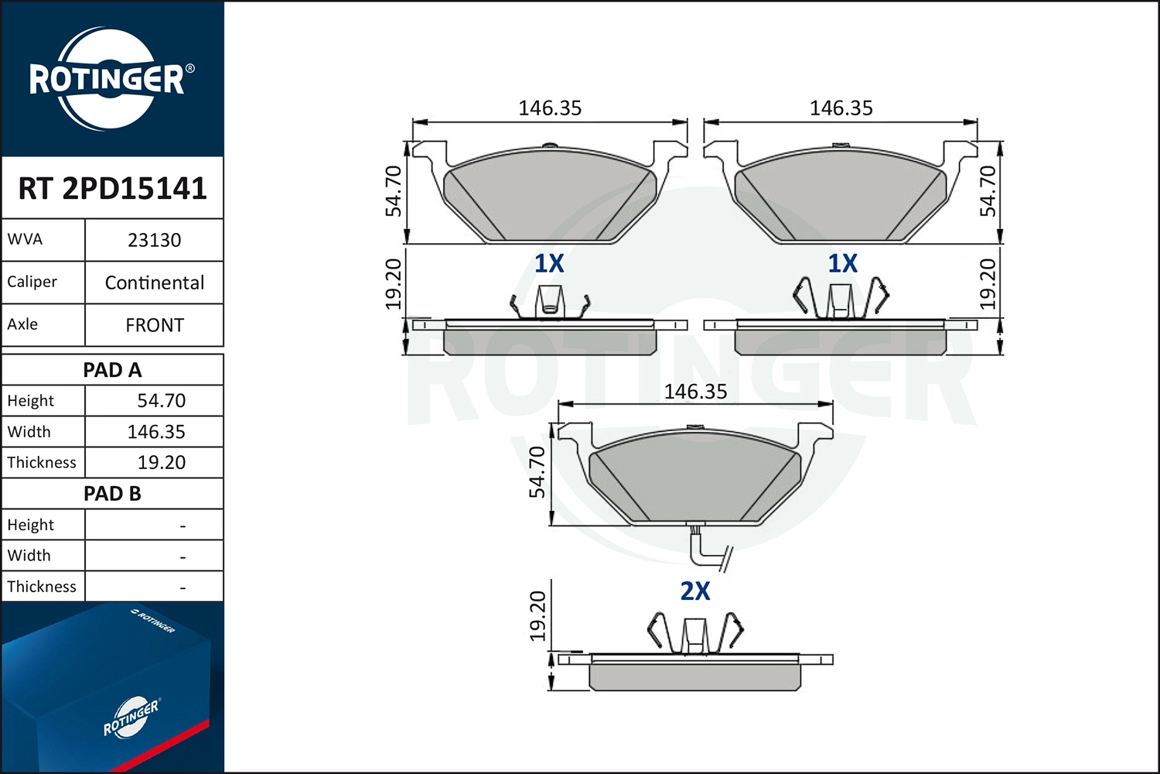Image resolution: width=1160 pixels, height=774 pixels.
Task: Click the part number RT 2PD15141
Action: pyautogui.click(x=112, y=188)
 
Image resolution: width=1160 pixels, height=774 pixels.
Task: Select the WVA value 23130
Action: pyautogui.click(x=154, y=240)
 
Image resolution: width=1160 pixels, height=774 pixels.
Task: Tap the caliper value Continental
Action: pyautogui.click(x=154, y=283)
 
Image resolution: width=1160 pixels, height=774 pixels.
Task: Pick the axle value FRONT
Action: pyautogui.click(x=154, y=325)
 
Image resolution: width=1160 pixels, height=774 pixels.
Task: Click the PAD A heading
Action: pyautogui.click(x=112, y=370)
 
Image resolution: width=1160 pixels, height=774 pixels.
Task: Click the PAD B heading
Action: pyautogui.click(x=112, y=494)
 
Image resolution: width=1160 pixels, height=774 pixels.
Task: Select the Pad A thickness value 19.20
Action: pyautogui.click(x=161, y=462)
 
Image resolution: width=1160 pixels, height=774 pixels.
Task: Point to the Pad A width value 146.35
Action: pyautogui.click(x=156, y=432)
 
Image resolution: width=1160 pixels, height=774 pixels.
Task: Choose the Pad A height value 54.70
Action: pyautogui.click(x=161, y=401)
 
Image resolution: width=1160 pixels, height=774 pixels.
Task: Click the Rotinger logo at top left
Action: pyautogui.click(x=107, y=79)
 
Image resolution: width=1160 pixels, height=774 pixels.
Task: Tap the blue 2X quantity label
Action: pyautogui.click(x=694, y=591)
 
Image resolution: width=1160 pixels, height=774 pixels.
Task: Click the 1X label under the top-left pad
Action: pyautogui.click(x=549, y=264)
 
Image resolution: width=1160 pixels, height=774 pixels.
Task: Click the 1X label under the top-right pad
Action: pyautogui.click(x=842, y=264)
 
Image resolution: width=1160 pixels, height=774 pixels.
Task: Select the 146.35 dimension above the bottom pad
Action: pyautogui.click(x=695, y=392)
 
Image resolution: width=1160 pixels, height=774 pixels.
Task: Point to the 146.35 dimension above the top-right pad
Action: pyautogui.click(x=841, y=108)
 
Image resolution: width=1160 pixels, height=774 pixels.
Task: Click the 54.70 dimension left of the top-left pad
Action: pyautogui.click(x=394, y=191)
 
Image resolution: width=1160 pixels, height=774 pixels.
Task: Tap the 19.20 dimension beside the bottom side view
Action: pyautogui.click(x=537, y=616)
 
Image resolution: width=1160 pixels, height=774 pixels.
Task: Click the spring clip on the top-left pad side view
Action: pyautogui.click(x=549, y=302)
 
